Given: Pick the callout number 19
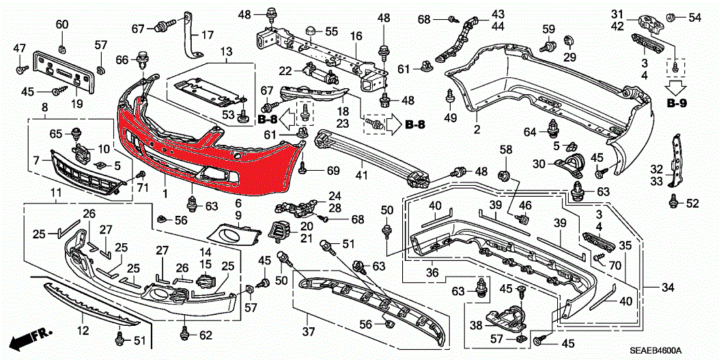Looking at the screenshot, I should click(x=76, y=105).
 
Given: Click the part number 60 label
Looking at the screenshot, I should click(x=62, y=25).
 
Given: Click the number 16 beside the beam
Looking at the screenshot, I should click(x=356, y=35).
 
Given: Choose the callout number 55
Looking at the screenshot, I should click(x=331, y=31).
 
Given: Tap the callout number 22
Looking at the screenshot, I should click(x=285, y=70).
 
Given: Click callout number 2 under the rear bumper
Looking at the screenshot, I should click(x=477, y=129).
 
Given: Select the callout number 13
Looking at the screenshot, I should click(x=225, y=51).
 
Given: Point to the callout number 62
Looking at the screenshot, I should click(x=206, y=335).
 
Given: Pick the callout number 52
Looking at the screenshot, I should click(x=692, y=203).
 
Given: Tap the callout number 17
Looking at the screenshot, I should click(x=206, y=34).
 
